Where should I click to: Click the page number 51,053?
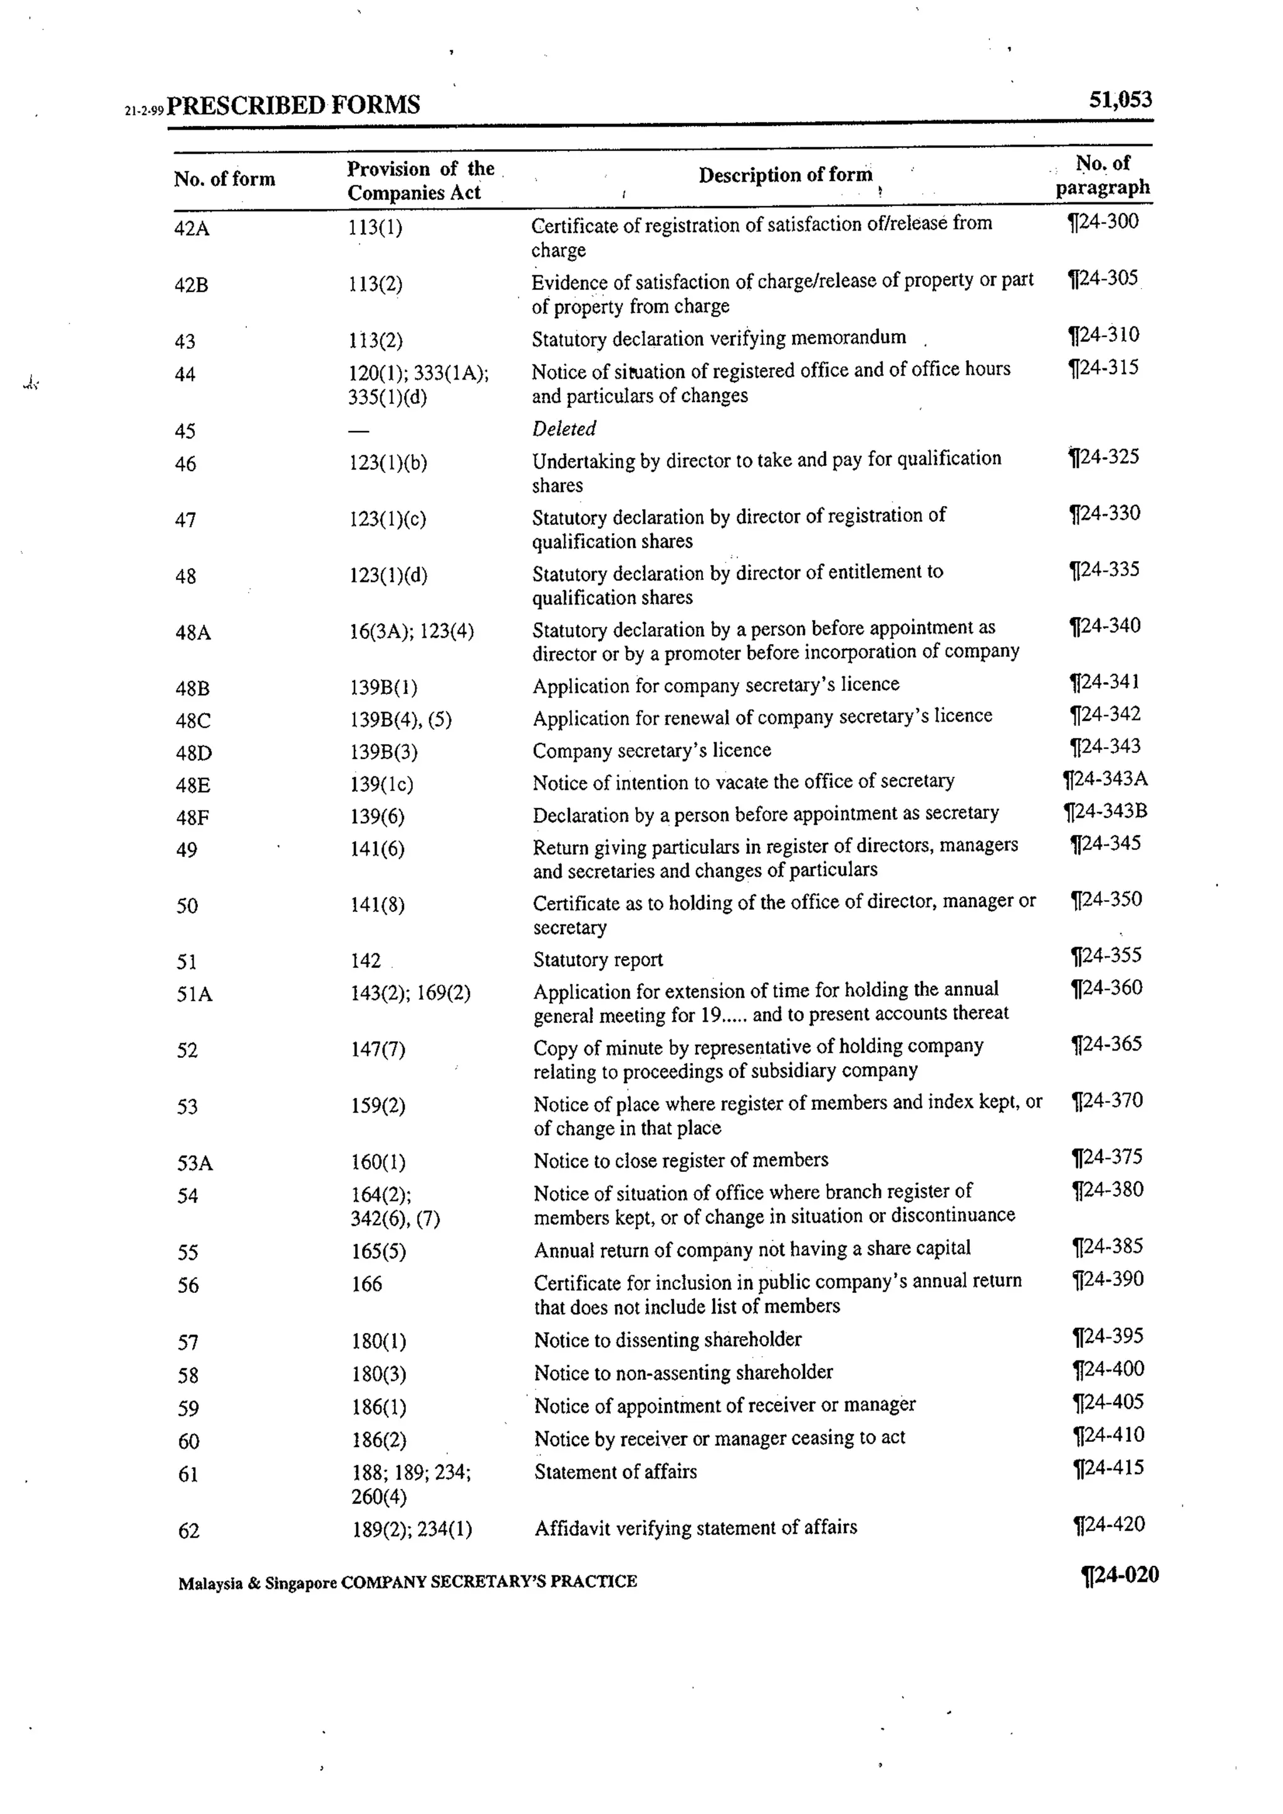coord(1119,100)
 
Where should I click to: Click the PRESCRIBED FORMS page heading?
coord(293,105)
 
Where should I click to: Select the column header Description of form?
coord(786,175)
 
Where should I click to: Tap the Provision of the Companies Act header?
coord(420,180)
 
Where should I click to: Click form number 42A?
coord(192,229)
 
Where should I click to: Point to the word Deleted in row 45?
coord(563,428)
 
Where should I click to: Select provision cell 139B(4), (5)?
coord(400,720)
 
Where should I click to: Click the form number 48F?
coord(193,817)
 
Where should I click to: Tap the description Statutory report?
coord(598,960)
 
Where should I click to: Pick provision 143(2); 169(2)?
coord(410,993)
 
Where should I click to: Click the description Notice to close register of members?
coord(681,1160)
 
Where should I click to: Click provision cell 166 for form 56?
coord(366,1285)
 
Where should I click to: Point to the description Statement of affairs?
coord(615,1472)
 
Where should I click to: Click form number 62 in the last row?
coord(189,1531)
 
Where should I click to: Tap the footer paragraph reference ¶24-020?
coord(1119,1575)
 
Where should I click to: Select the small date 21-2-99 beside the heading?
coord(144,111)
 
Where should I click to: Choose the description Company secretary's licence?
coord(652,750)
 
